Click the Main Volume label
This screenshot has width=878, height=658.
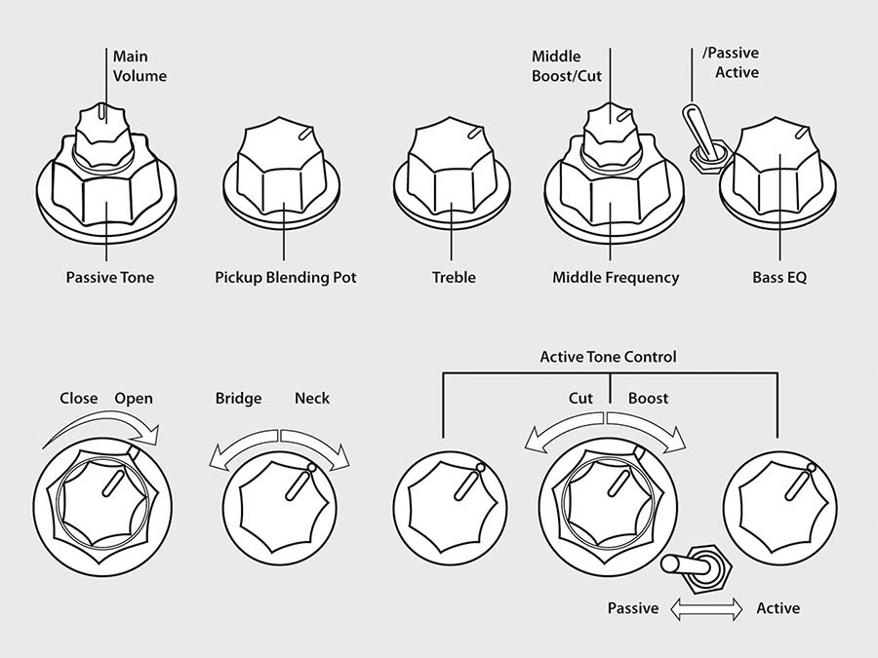pos(140,66)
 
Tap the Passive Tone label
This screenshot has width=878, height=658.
pos(109,278)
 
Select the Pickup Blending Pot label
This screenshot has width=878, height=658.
pos(286,278)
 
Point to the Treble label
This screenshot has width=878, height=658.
pos(454,278)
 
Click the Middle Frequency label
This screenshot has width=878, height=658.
pos(616,278)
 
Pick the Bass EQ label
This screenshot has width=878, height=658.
pos(779,278)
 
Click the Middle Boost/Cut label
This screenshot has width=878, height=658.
pos(570,66)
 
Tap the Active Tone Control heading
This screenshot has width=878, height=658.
pos(608,357)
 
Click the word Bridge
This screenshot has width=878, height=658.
pos(238,399)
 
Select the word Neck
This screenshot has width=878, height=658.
pos(312,399)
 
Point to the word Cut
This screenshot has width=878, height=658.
pos(581,399)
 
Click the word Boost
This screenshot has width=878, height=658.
pos(648,399)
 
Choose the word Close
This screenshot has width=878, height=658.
pos(79,399)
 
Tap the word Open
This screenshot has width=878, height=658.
pos(134,399)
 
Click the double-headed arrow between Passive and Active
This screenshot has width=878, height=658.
pos(707,608)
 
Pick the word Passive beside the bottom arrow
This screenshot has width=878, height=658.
pos(633,608)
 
